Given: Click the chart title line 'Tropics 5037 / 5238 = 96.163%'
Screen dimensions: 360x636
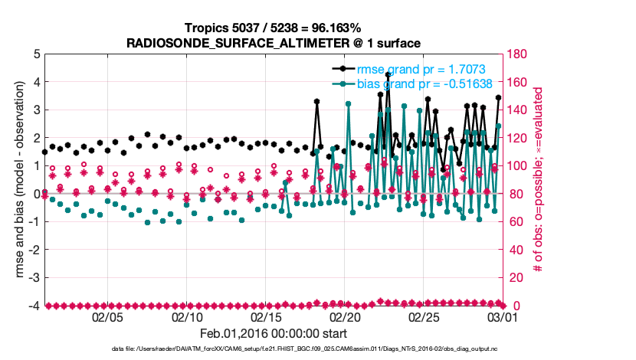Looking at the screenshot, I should pyautogui.click(x=273, y=27).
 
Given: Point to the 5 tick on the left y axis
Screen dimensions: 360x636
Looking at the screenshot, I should pyautogui.click(x=35, y=54).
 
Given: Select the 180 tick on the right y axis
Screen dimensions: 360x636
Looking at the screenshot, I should pyautogui.click(x=520, y=54).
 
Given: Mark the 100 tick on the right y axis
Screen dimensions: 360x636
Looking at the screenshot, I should pyautogui.click(x=520, y=166).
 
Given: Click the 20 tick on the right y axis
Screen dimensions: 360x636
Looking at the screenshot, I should pyautogui.click(x=516, y=278).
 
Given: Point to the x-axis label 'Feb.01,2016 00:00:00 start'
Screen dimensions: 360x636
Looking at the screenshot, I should pyautogui.click(x=273, y=333).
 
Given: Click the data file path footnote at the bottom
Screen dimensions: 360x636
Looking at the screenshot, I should pyautogui.click(x=317, y=350).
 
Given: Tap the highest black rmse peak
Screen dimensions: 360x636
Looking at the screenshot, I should pyautogui.click(x=388, y=75).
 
